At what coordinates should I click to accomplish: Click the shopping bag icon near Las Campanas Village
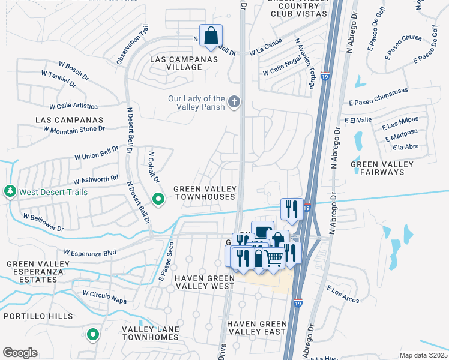[x=211, y=35]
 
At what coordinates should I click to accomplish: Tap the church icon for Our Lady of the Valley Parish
[x=234, y=102]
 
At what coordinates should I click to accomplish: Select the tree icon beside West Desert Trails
[x=10, y=192]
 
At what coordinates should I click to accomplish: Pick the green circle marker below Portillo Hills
[x=93, y=334]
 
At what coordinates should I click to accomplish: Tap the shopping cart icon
[x=274, y=258]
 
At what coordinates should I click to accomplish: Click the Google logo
[x=20, y=353]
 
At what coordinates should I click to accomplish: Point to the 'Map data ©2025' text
[x=423, y=355]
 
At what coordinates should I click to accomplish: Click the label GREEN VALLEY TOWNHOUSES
[x=204, y=193]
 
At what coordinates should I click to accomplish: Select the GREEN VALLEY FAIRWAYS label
[x=382, y=168]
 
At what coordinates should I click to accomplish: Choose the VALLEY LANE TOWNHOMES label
[x=150, y=333]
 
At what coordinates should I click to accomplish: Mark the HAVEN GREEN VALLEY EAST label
[x=256, y=328]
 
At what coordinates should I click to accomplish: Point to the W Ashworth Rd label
[x=96, y=179]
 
